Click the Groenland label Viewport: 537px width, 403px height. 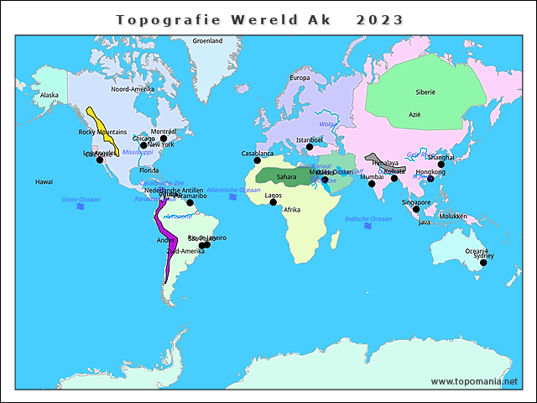[x=207, y=40]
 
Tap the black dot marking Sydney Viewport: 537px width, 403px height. [x=483, y=264]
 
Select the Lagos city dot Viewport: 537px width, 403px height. [x=273, y=202]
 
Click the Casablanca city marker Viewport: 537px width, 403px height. [x=258, y=160]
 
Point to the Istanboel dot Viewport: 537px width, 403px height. [x=310, y=147]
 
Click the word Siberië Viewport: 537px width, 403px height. [x=425, y=92]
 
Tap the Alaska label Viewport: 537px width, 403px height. [x=50, y=95]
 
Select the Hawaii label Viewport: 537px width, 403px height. [x=44, y=181]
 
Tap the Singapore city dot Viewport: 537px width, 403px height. [x=415, y=209]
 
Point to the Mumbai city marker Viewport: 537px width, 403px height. [x=372, y=185]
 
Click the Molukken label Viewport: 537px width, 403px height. [x=452, y=216]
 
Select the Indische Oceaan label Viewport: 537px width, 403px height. [x=368, y=219]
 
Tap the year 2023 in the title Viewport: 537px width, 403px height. [x=379, y=19]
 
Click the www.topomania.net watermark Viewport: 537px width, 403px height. [x=474, y=381]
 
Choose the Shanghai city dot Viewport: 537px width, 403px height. [x=441, y=165]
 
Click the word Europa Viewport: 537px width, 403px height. [x=300, y=78]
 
